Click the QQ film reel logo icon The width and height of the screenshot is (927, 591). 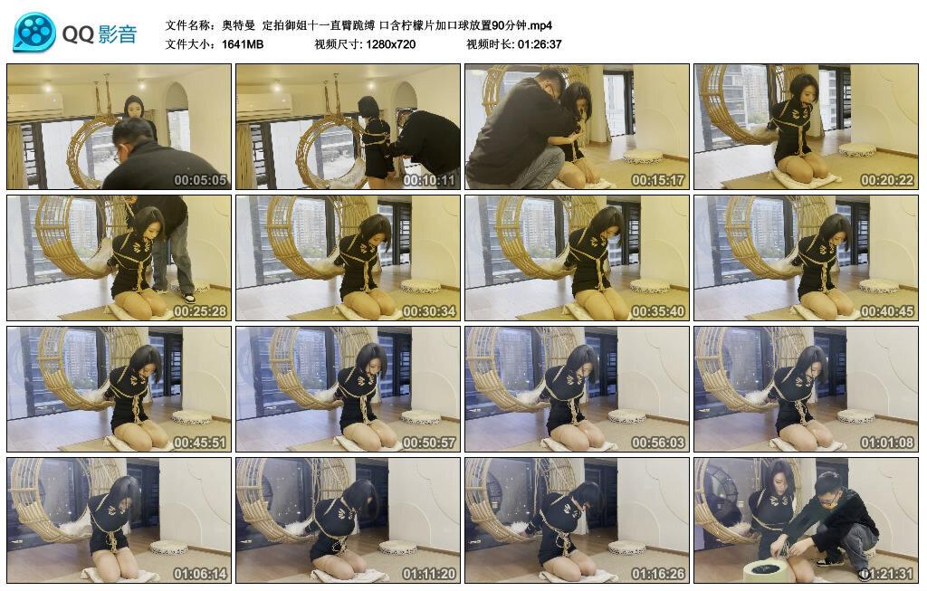click(x=33, y=33)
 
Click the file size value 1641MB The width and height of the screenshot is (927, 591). click(x=242, y=44)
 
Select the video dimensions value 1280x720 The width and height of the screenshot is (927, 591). click(x=391, y=44)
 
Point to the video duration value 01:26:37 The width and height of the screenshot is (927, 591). click(x=540, y=44)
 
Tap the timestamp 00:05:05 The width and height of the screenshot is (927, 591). click(x=200, y=180)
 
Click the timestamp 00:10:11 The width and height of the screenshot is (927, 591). click(x=429, y=180)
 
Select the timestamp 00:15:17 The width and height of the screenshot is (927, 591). click(x=658, y=180)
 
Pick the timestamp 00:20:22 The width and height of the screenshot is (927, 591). click(x=887, y=180)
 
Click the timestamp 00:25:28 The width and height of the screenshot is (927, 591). click(x=200, y=311)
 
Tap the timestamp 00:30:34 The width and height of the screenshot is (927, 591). click(x=429, y=311)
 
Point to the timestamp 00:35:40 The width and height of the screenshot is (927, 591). click(x=658, y=311)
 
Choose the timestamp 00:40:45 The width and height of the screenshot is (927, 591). click(x=887, y=311)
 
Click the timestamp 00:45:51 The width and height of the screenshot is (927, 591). click(x=200, y=443)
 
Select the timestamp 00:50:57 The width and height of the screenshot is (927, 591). click(x=429, y=443)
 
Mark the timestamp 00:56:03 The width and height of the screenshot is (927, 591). click(x=658, y=443)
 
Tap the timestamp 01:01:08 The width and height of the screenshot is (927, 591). click(x=887, y=443)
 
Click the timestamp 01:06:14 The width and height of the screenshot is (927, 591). click(x=200, y=574)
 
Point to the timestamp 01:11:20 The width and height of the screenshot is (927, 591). click(x=429, y=574)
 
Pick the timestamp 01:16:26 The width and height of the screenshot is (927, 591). click(x=658, y=574)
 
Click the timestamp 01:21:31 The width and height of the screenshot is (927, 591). click(x=887, y=574)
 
